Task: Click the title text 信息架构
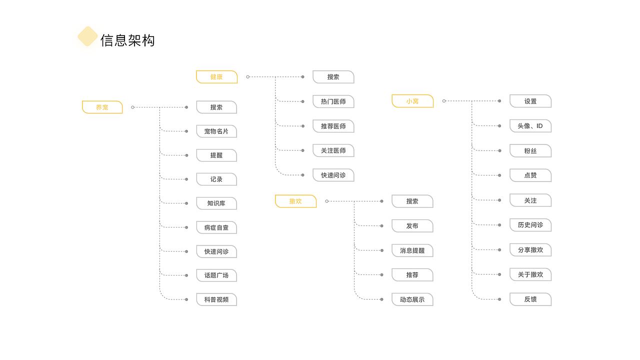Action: click(x=127, y=40)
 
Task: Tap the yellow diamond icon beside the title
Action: click(x=87, y=36)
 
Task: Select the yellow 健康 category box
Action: click(x=216, y=77)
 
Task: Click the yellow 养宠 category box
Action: click(x=102, y=107)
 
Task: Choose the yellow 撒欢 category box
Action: click(x=295, y=201)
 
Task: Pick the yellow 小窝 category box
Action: click(x=412, y=101)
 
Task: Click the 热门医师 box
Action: click(x=333, y=101)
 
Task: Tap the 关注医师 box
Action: click(x=333, y=150)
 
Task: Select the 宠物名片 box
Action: click(x=216, y=131)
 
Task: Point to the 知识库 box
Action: click(x=216, y=203)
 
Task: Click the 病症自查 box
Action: click(x=216, y=227)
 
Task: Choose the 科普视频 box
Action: click(x=216, y=299)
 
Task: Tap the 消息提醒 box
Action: click(x=412, y=250)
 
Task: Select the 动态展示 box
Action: click(x=412, y=299)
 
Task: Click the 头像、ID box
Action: click(x=530, y=126)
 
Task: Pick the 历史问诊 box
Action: click(x=530, y=225)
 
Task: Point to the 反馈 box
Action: click(x=530, y=299)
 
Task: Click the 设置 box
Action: click(x=530, y=101)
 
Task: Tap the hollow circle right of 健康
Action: click(x=247, y=77)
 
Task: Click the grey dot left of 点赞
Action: click(x=499, y=175)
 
